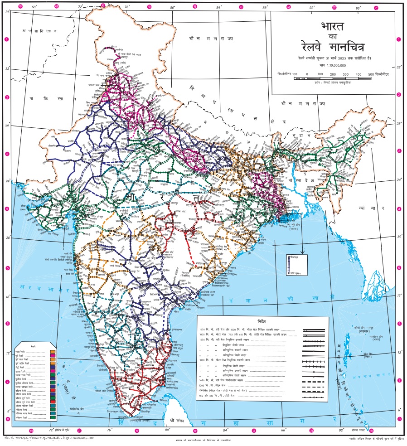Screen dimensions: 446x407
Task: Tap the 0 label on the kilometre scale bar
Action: click(x=307, y=74)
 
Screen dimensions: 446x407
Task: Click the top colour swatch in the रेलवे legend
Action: click(x=53, y=351)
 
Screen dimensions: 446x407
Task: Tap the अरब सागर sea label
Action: click(x=43, y=287)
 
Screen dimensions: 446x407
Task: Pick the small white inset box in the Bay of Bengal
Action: click(x=294, y=265)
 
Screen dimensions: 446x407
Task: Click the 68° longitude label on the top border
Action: click(x=34, y=7)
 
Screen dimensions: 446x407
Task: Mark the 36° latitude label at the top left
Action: click(x=8, y=12)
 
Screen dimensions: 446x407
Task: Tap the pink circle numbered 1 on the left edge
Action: click(x=6, y=39)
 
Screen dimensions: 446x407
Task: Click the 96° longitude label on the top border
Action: click(x=358, y=7)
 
